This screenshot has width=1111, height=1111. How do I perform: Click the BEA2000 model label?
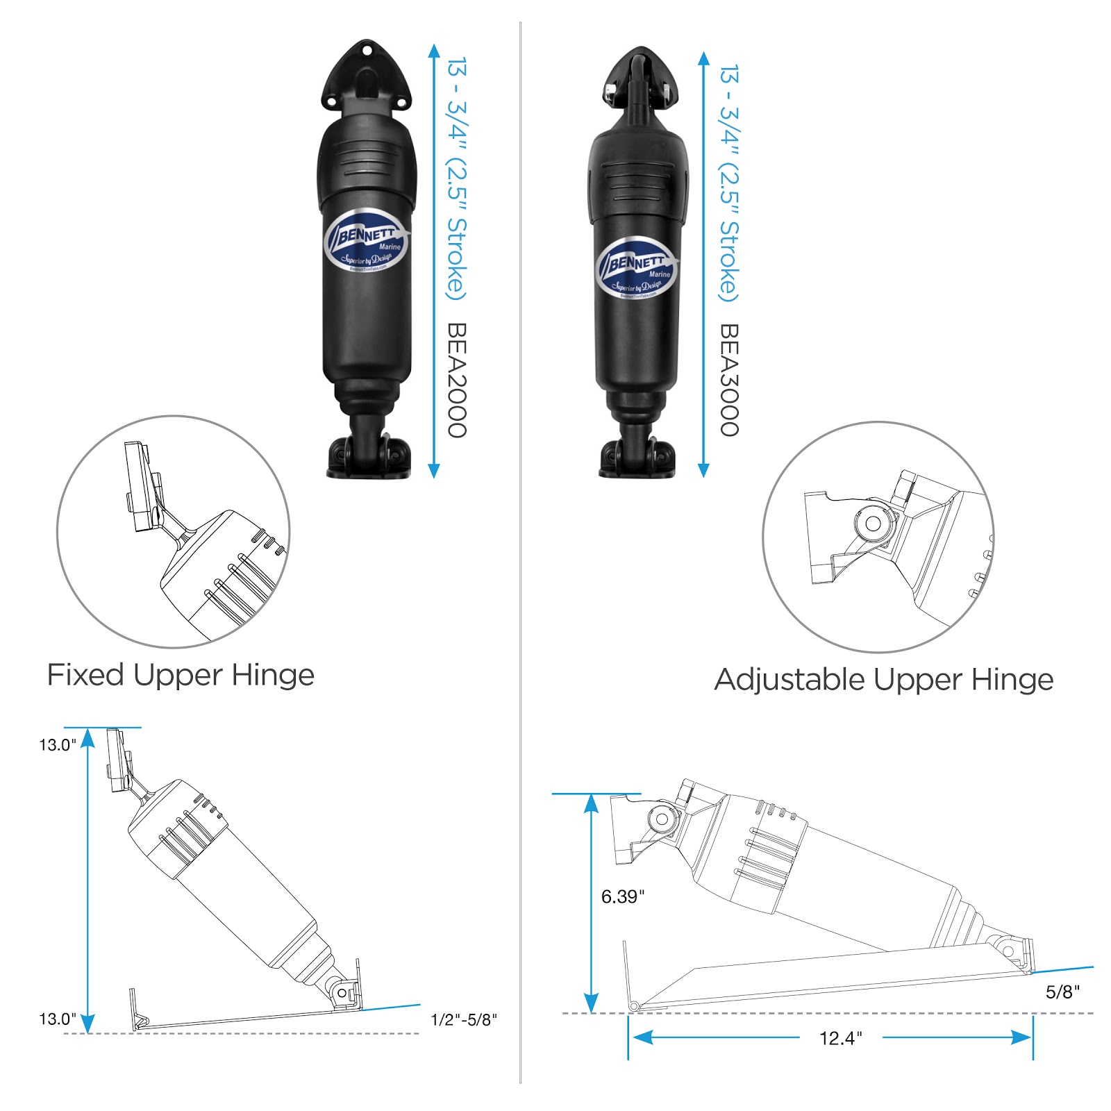[456, 379]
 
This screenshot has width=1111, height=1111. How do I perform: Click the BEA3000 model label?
[728, 379]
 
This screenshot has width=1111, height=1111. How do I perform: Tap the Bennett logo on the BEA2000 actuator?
[366, 240]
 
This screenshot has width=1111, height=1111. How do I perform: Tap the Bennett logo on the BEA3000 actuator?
[636, 268]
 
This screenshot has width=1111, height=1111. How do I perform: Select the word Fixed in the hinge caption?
[85, 675]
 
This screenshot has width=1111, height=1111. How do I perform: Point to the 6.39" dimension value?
[622, 897]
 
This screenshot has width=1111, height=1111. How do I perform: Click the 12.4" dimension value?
[840, 1038]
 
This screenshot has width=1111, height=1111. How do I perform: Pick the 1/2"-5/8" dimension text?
[464, 1020]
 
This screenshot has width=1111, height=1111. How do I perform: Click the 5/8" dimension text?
[1062, 992]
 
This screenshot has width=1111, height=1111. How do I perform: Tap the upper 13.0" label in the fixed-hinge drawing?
[58, 745]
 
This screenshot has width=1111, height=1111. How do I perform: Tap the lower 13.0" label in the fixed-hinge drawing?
[58, 1019]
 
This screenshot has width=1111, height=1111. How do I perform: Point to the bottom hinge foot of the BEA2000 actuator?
[369, 457]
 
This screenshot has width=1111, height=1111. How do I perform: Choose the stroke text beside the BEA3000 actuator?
[728, 184]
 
